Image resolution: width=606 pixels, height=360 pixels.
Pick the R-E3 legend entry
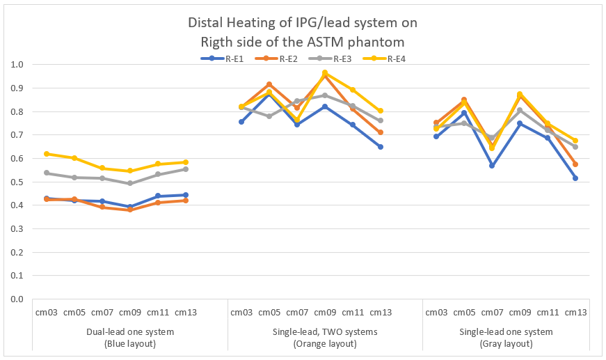click(x=342, y=58)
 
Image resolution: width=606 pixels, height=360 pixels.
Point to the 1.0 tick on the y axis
click(x=18, y=65)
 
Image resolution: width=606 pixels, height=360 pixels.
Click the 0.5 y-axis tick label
click(x=18, y=182)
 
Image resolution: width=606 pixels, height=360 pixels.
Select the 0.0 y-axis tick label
click(x=18, y=299)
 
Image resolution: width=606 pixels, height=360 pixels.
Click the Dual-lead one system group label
click(x=130, y=332)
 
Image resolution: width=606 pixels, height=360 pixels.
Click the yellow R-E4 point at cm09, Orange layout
click(x=325, y=72)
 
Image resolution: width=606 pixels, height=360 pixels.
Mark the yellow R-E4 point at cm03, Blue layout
click(x=47, y=154)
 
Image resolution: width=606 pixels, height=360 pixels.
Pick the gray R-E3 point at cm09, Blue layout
click(x=130, y=183)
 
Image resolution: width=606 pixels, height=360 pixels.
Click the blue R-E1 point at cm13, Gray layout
click(x=575, y=178)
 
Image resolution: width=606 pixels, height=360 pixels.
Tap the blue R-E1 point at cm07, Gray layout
click(x=492, y=166)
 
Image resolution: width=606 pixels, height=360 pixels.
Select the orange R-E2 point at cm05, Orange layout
click(x=269, y=84)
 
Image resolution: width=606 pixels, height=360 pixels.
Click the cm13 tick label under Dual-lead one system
click(x=186, y=313)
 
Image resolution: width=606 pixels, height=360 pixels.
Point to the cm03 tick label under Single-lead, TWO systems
click(x=241, y=313)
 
